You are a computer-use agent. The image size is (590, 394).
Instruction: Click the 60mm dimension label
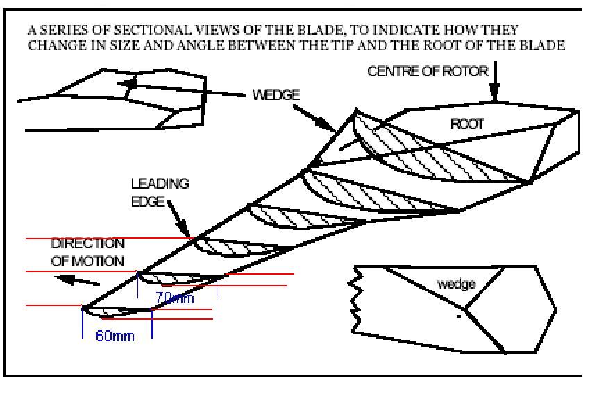tap(115, 336)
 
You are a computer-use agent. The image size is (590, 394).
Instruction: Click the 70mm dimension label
tap(174, 298)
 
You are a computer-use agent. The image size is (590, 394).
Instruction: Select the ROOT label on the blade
tap(466, 125)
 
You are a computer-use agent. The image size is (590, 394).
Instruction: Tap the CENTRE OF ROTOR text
tap(427, 72)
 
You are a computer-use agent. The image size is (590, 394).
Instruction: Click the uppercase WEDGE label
tap(276, 95)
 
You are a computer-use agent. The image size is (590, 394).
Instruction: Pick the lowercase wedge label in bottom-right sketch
tap(456, 284)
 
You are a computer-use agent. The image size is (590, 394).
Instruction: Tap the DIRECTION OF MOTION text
tap(87, 252)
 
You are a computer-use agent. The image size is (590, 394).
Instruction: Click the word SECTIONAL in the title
tap(147, 31)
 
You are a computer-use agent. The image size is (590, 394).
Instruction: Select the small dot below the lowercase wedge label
tap(458, 316)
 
